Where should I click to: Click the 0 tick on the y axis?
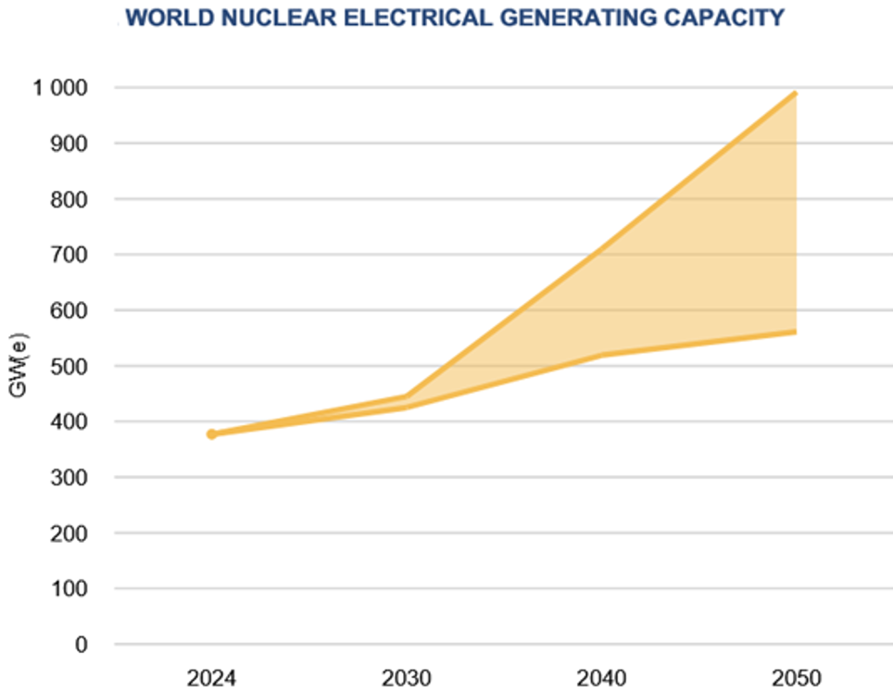[81, 644]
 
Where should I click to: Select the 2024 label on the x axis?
[211, 677]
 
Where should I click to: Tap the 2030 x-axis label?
[406, 677]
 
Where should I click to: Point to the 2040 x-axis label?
[601, 677]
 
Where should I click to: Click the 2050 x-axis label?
[796, 677]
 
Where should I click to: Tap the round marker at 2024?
[211, 433]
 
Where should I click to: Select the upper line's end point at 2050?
[795, 94]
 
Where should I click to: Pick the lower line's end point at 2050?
[795, 332]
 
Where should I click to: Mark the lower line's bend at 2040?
[601, 355]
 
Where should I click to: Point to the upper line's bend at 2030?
[406, 396]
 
